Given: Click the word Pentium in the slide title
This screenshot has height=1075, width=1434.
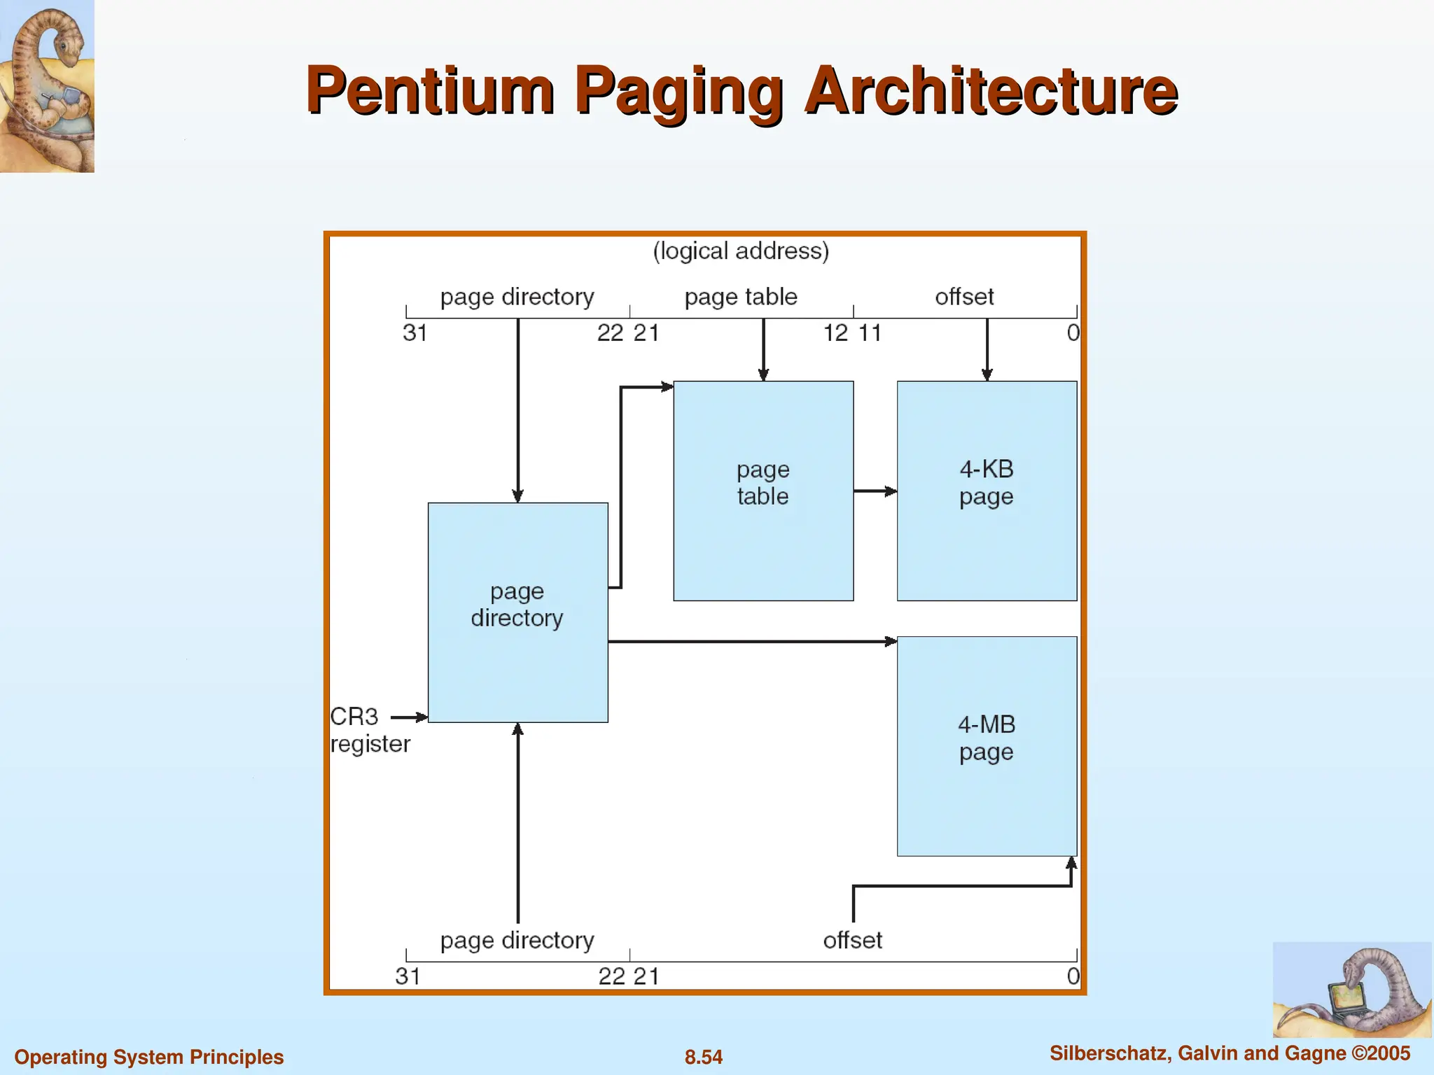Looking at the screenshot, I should click(x=430, y=91).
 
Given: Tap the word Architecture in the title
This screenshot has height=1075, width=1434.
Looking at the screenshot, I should click(x=991, y=91).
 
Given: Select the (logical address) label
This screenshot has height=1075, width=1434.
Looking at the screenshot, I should click(x=741, y=251).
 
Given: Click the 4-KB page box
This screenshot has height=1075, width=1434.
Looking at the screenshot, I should click(x=987, y=490).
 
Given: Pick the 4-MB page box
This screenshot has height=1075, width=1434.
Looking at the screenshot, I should click(x=987, y=745).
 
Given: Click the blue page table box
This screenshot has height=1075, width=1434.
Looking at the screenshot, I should click(x=763, y=490).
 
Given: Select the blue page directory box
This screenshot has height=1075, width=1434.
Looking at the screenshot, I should click(x=517, y=612).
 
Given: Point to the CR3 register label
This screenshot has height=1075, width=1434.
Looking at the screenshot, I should click(x=369, y=730).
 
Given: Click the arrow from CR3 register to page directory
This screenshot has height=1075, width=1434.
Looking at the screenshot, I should click(x=409, y=717).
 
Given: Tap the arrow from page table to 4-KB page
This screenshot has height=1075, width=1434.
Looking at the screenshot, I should click(x=875, y=491).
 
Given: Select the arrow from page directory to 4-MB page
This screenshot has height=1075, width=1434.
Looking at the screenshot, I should click(x=753, y=641).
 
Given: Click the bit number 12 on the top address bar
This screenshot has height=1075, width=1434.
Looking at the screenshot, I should click(x=835, y=333).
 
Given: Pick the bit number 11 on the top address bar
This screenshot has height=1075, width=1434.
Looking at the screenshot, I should click(x=870, y=333).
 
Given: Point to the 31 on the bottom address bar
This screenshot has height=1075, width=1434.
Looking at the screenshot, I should click(x=408, y=976).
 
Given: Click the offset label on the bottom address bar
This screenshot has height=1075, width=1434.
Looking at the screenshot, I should click(x=852, y=940).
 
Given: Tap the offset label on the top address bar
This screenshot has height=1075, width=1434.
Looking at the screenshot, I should click(x=964, y=297).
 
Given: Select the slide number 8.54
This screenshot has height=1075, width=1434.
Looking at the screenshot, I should click(x=703, y=1057).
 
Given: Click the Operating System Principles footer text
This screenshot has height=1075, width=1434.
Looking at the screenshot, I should click(x=149, y=1057).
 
